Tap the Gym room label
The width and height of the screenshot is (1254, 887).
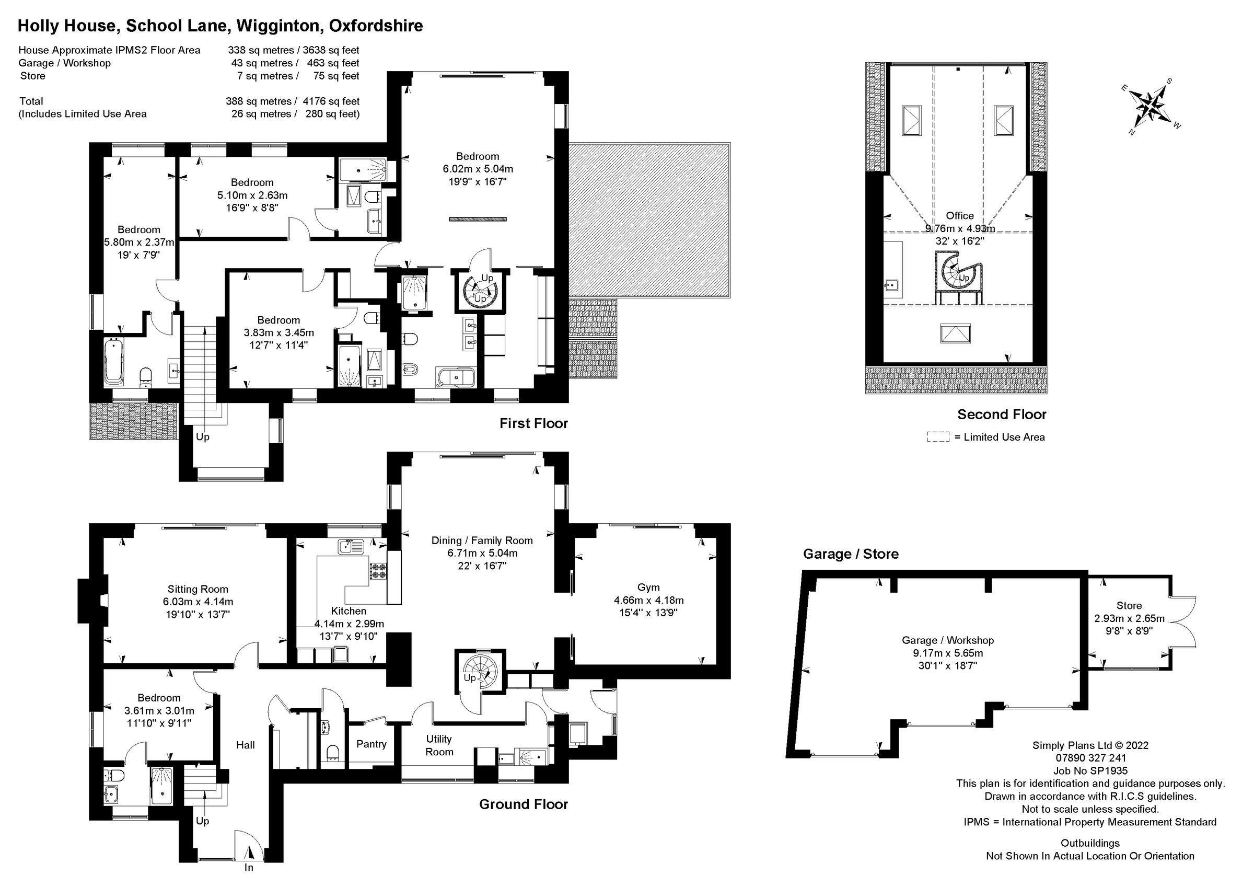[x=648, y=588]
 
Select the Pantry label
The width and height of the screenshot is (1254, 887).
[x=371, y=744]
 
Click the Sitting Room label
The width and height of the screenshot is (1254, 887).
[x=198, y=589]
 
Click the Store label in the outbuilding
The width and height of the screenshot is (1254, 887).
[x=1129, y=606]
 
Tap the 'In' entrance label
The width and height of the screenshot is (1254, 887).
[x=249, y=867]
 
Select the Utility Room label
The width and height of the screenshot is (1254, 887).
[x=439, y=745]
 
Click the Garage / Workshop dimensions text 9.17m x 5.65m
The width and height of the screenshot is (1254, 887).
[x=947, y=653]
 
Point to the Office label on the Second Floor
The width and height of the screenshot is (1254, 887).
[x=960, y=216]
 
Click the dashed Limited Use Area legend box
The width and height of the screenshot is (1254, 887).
[x=938, y=437]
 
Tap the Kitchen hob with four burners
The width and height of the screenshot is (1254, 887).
[x=378, y=571]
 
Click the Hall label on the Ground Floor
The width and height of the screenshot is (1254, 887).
[x=245, y=745]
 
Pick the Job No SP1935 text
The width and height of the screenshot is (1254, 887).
[x=1090, y=771]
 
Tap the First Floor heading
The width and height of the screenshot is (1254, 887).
[x=533, y=423]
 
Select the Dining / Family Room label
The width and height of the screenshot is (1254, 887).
[x=482, y=540]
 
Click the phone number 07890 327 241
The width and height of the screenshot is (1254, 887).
[x=1090, y=758]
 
